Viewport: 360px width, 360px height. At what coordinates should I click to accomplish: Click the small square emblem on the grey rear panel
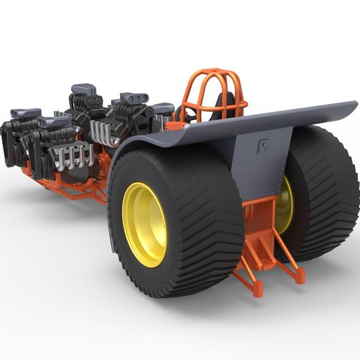pos(264,147)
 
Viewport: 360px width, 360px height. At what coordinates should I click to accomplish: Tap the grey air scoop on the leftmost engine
pos(25,112)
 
